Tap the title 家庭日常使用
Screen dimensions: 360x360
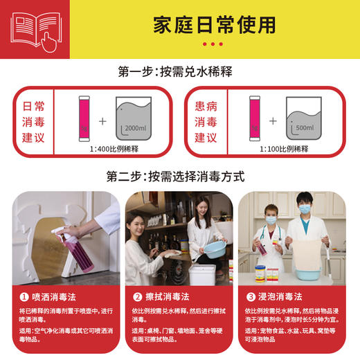click(214, 24)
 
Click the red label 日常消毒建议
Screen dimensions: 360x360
click(34, 122)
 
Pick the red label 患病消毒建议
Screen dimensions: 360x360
click(206, 122)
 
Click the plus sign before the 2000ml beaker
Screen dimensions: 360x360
click(102, 121)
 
